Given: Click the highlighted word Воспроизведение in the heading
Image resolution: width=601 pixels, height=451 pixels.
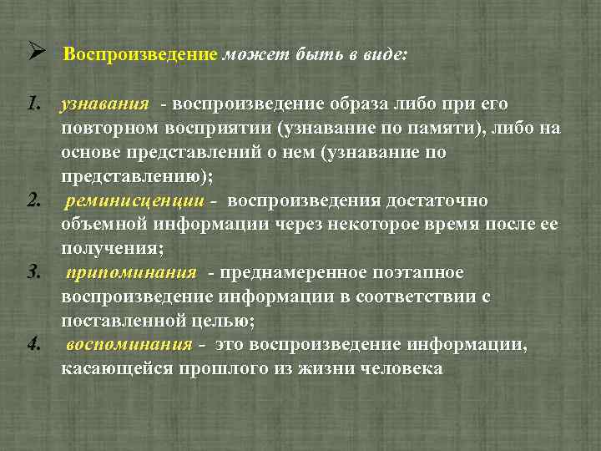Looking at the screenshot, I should (x=139, y=56).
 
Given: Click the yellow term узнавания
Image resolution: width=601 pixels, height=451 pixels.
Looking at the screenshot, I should (x=104, y=105).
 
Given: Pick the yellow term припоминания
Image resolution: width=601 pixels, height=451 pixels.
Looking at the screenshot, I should (x=132, y=273).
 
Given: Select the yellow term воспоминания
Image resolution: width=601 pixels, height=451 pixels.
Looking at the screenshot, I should (x=129, y=345).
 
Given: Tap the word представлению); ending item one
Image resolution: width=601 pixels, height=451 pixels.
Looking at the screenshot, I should (x=138, y=177).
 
